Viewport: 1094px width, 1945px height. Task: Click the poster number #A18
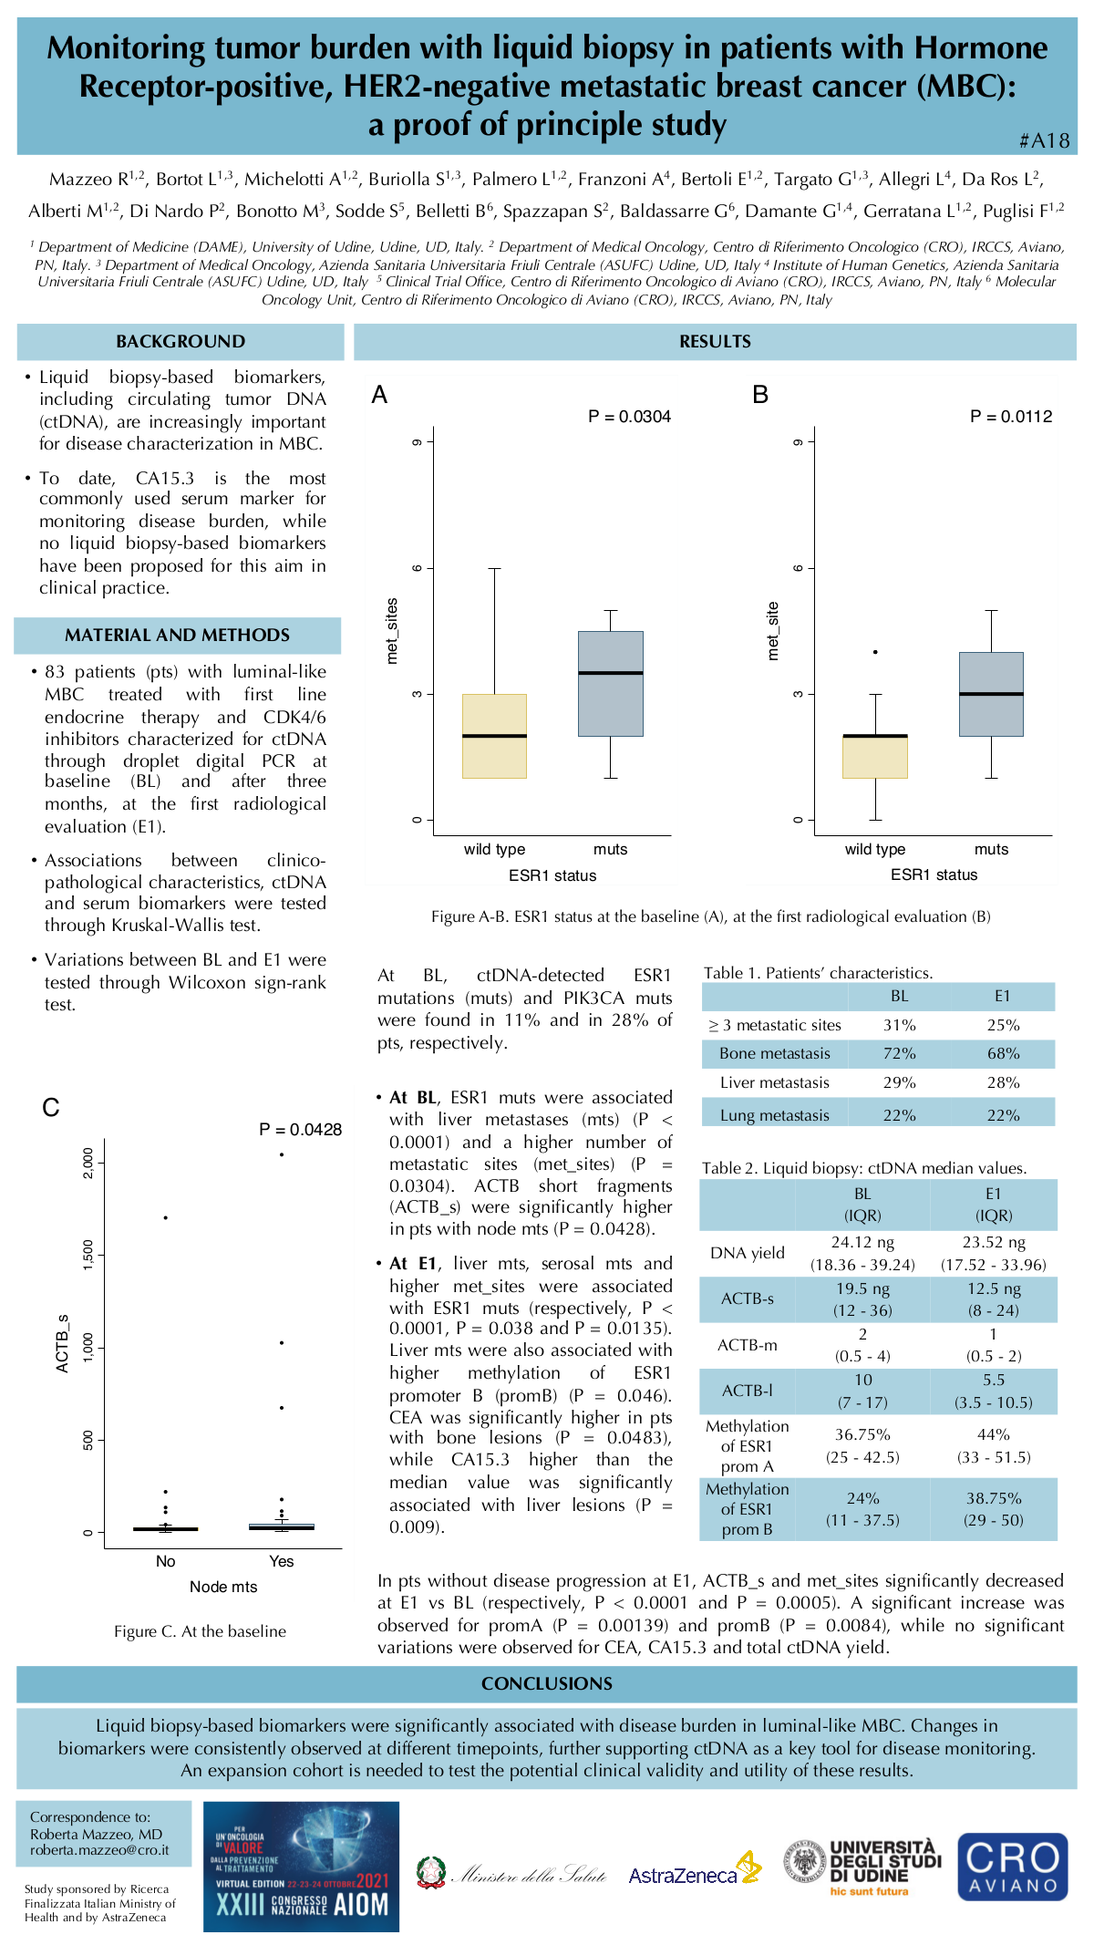[1044, 140]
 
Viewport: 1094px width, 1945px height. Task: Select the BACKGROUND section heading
[181, 342]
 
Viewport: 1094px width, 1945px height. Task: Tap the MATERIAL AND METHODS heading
[177, 636]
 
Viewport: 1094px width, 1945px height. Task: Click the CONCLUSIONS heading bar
[547, 1683]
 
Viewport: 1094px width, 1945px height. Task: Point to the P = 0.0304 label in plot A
[629, 417]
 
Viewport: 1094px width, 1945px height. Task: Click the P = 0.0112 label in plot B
[1010, 417]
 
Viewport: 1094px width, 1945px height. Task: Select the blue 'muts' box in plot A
[610, 684]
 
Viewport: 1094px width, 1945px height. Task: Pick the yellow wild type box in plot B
[874, 757]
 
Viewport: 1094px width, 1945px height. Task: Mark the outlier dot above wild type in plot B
[875, 652]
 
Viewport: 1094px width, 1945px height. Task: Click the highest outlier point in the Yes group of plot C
[282, 1154]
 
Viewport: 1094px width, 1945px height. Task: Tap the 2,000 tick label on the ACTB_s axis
[88, 1163]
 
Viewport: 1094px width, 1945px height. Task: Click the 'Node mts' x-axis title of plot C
[223, 1587]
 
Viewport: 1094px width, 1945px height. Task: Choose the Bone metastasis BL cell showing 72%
[899, 1053]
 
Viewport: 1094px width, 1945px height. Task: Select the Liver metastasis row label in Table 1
[774, 1082]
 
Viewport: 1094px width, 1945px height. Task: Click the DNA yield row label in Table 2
[747, 1253]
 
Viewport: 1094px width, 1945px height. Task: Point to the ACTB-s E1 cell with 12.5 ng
[994, 1298]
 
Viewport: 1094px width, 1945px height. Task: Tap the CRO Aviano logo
[1012, 1867]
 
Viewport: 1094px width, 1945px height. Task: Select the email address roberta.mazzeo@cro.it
[99, 1850]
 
